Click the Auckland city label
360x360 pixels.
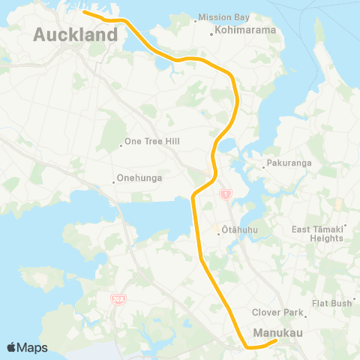[x=76, y=34]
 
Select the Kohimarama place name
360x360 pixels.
[x=245, y=31]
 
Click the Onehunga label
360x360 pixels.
[x=139, y=179]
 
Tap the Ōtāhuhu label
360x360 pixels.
[x=238, y=232]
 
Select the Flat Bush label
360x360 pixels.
[x=332, y=303]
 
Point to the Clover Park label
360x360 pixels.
[x=276, y=312]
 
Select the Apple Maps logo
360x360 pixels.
[x=27, y=346]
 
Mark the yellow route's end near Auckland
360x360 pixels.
[x=84, y=12]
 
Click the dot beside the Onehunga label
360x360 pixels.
[x=113, y=179]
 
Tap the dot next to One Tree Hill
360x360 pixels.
[x=121, y=145]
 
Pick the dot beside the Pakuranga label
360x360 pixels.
[x=263, y=164]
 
